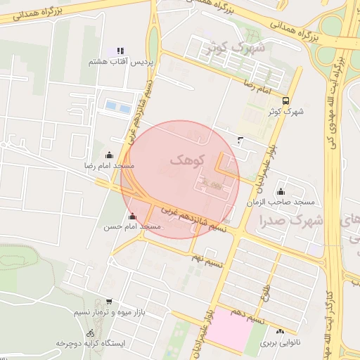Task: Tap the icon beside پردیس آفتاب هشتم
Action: [x=120, y=51]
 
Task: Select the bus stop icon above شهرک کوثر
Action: [x=285, y=100]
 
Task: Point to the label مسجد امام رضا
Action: [x=109, y=166]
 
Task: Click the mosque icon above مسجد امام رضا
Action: [x=108, y=155]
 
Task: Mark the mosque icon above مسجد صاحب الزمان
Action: [x=281, y=192]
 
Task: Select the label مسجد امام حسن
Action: [x=132, y=226]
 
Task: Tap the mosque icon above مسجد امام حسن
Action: [x=132, y=216]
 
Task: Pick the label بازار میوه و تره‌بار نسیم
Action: [x=109, y=311]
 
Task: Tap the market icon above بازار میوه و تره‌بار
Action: [x=109, y=301]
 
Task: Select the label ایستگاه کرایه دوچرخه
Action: [x=90, y=344]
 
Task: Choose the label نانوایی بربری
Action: [x=281, y=343]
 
